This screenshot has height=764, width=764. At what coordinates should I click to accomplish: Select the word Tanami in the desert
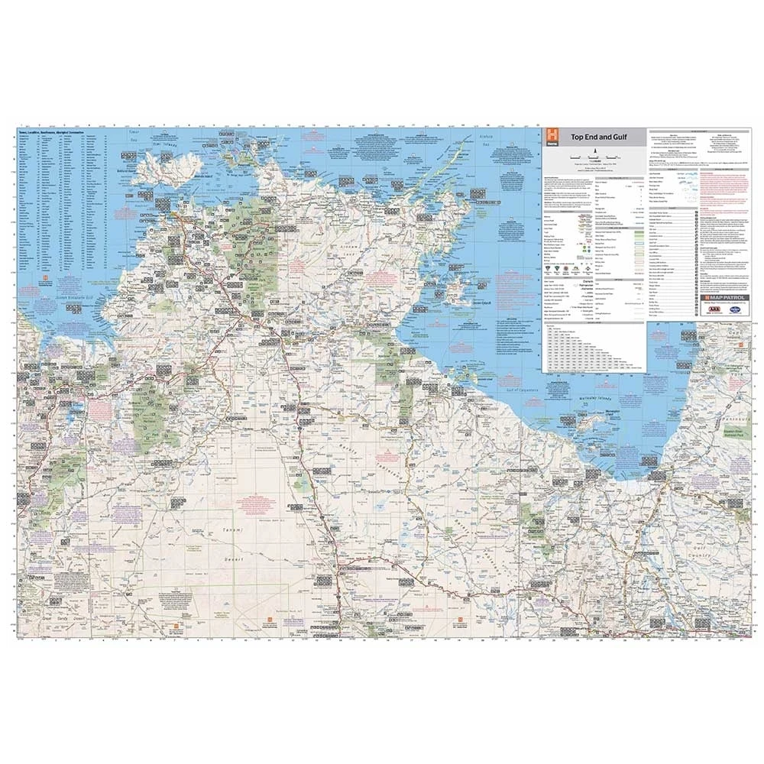(x=225, y=529)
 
